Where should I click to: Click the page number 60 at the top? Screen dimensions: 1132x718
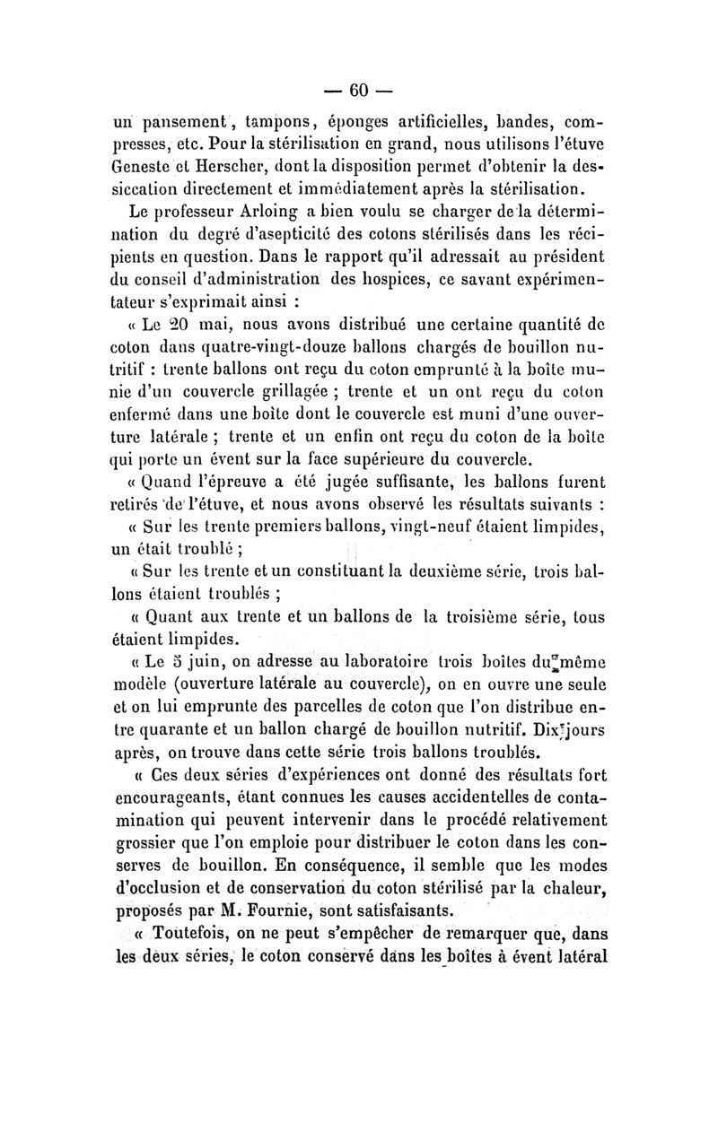point(359,90)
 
